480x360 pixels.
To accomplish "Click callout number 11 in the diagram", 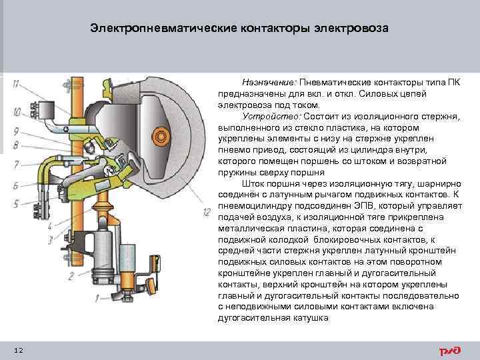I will (x=15, y=83).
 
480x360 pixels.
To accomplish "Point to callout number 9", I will (x=15, y=131).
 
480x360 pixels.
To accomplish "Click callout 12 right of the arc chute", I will (x=207, y=212).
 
